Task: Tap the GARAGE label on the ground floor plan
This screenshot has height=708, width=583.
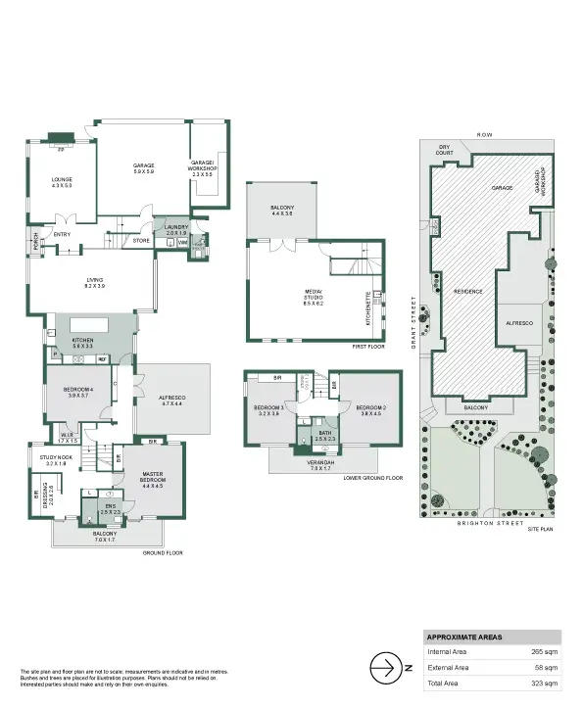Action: tap(144, 167)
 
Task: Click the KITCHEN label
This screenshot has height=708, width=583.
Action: tap(82, 342)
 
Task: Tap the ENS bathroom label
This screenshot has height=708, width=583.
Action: tap(109, 508)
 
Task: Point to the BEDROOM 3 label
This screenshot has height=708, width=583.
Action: tap(268, 409)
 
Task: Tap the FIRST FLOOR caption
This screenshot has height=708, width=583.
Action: tap(366, 346)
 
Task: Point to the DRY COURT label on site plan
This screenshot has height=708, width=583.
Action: tap(444, 150)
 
